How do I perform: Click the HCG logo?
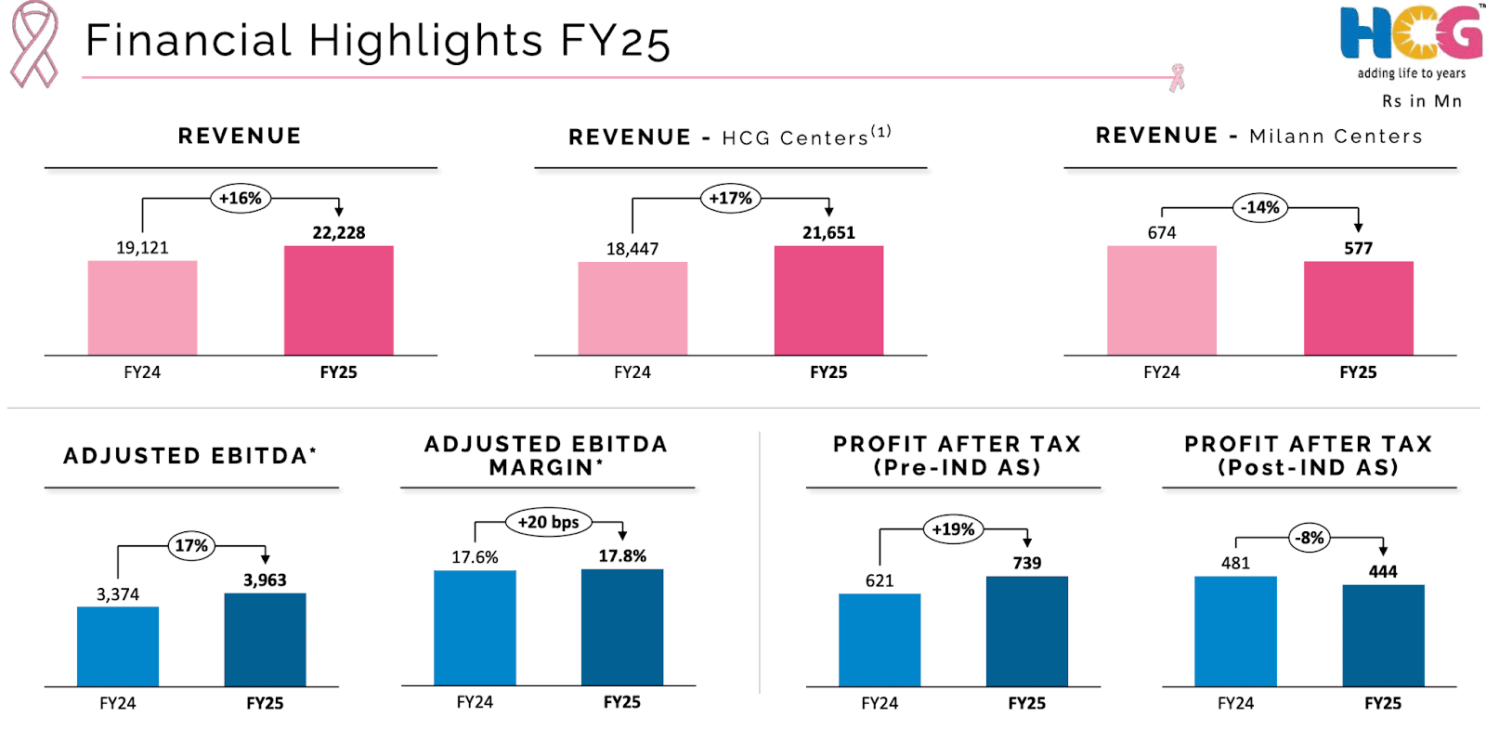click(x=1411, y=34)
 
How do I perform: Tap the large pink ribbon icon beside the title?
click(x=34, y=44)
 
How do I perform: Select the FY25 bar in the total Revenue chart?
click(x=338, y=300)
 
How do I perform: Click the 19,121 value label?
click(x=142, y=248)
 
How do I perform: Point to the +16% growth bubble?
click(x=241, y=199)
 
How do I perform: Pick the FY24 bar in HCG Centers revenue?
click(x=632, y=308)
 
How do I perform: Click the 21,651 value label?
click(x=828, y=233)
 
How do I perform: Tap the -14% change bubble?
click(x=1260, y=208)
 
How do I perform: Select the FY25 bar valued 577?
click(x=1358, y=308)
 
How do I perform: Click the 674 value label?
click(x=1161, y=233)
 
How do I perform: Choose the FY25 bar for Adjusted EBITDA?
click(x=265, y=640)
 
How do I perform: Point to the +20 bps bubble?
click(x=548, y=522)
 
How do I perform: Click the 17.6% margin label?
click(x=475, y=557)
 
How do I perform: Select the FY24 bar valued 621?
click(x=880, y=640)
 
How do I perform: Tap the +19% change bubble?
click(x=953, y=529)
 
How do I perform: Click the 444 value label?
click(x=1382, y=572)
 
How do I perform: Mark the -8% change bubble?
click(x=1310, y=538)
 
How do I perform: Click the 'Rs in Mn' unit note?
click(x=1421, y=101)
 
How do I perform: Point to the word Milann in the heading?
click(x=1286, y=137)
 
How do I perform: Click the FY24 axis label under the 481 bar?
click(x=1235, y=703)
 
